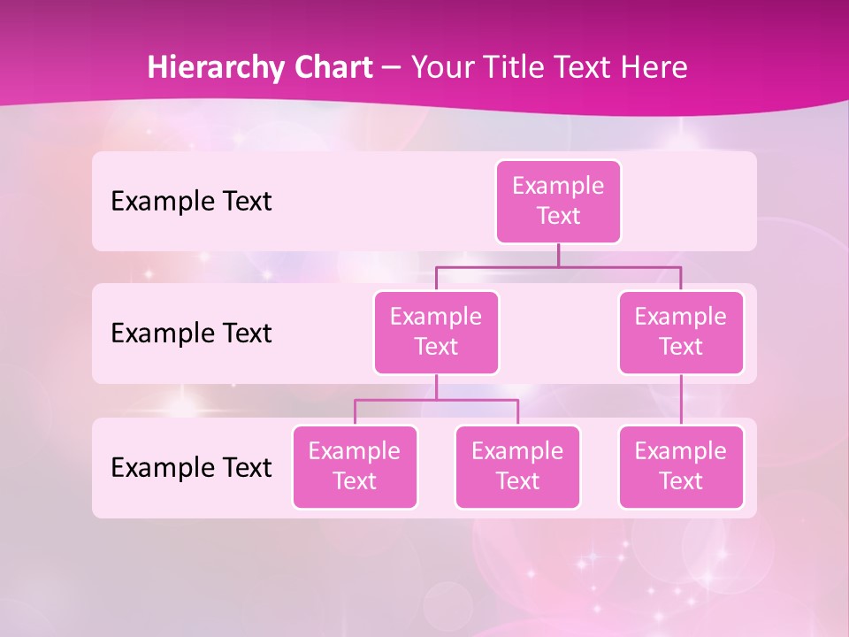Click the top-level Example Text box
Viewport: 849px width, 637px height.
point(558,201)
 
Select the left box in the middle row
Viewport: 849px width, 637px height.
point(436,332)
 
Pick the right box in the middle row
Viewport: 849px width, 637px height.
point(681,332)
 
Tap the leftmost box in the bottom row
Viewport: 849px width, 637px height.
point(355,466)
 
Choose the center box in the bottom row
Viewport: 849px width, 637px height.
point(517,466)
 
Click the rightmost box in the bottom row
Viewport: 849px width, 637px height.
point(681,466)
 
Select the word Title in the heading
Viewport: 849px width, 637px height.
point(511,67)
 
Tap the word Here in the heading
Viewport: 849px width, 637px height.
point(655,67)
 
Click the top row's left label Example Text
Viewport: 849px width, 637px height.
point(191,202)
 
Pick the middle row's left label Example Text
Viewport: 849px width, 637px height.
point(191,334)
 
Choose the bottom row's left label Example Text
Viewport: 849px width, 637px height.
point(191,468)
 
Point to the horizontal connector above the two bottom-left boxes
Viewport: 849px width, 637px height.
point(436,400)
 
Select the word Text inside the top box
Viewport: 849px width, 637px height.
point(558,216)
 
